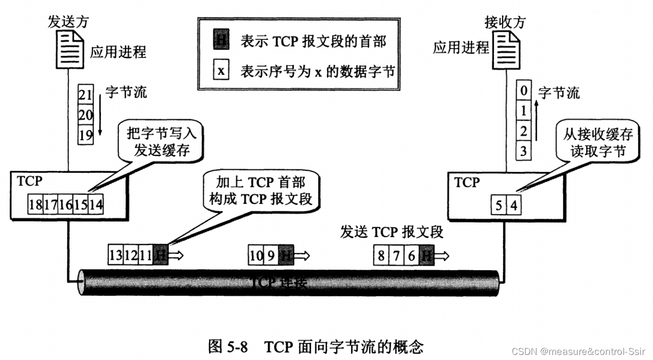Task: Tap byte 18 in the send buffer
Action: tap(36, 205)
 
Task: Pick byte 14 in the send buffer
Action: tap(95, 205)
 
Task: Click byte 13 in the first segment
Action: tap(116, 254)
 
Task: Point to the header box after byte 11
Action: tap(160, 254)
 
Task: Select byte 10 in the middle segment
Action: tap(256, 254)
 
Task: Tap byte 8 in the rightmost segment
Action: tap(381, 254)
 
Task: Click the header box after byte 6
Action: tap(426, 254)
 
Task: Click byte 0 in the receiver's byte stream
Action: tap(523, 92)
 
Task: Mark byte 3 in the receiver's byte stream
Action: tap(523, 150)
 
